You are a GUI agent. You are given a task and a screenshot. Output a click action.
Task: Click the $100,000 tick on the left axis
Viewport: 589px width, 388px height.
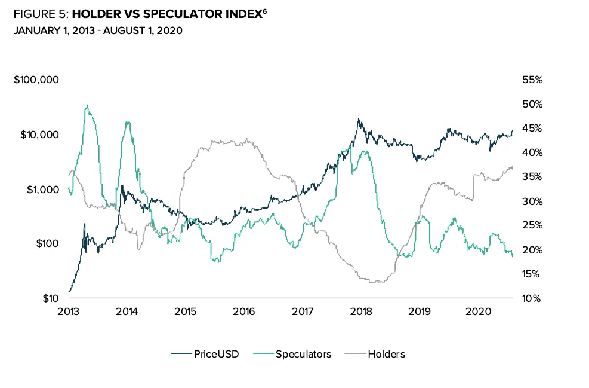[36, 80]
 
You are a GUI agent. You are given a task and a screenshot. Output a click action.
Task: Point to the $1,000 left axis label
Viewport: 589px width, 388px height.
[41, 189]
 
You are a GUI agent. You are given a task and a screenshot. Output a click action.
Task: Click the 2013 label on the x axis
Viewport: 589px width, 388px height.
[69, 311]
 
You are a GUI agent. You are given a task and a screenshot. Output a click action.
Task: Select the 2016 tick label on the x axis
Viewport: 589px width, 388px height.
[244, 311]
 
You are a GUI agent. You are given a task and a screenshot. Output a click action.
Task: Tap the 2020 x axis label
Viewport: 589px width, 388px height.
[477, 311]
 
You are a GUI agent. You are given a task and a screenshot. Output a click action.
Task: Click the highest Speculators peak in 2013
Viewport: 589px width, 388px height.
[87, 105]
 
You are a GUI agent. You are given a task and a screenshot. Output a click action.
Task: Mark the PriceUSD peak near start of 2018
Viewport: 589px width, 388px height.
[359, 119]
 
